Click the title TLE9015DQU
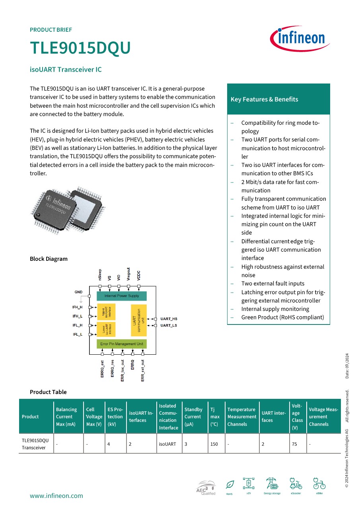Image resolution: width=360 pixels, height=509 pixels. click(80, 48)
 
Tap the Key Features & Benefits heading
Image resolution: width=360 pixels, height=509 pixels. click(264, 99)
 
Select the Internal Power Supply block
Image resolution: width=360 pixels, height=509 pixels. click(122, 296)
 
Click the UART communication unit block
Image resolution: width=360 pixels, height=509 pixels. click(139, 321)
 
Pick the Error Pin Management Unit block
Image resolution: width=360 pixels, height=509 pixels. click(122, 344)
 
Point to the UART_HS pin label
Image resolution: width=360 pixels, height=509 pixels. click(169, 319)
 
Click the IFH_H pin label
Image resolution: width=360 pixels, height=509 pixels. click(78, 307)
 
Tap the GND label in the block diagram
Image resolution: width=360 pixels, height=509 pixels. click(78, 292)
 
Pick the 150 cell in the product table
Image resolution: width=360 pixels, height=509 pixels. click(214, 444)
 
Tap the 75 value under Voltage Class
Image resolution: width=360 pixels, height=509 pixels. click(294, 444)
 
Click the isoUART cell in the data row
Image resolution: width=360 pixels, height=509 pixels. click(167, 444)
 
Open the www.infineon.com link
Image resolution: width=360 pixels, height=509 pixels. click(56, 495)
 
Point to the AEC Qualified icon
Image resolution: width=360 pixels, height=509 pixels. click(206, 488)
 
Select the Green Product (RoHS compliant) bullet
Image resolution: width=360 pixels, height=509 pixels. click(282, 317)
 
